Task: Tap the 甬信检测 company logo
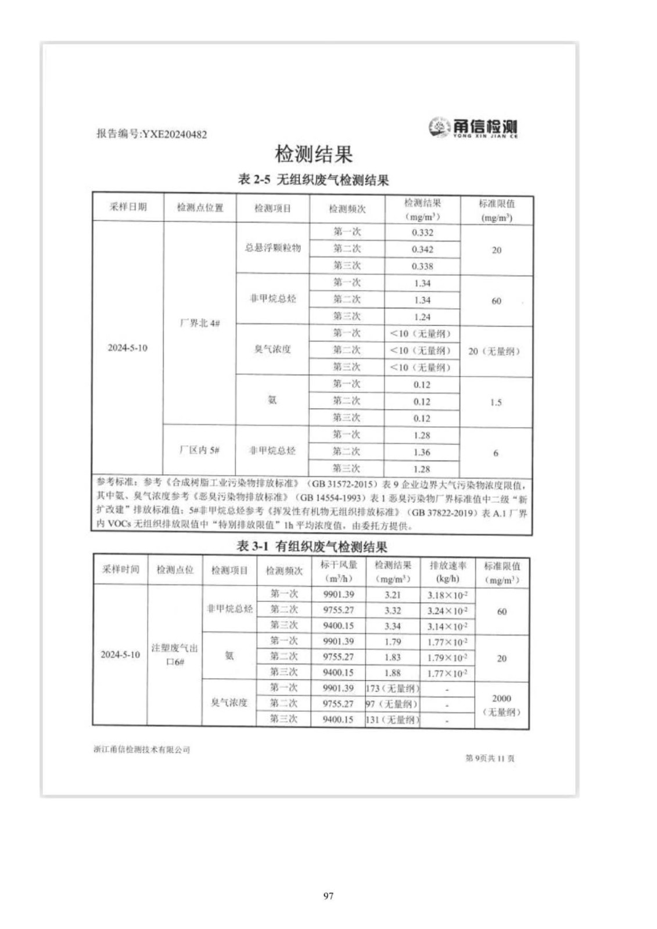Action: coord(472,127)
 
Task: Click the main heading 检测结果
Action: coord(314,154)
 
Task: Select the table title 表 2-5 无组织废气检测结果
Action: coord(313,180)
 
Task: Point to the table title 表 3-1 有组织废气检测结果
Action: coord(312,546)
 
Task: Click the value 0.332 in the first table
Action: coord(422,233)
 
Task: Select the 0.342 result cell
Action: coord(422,250)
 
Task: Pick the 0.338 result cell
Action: coord(422,267)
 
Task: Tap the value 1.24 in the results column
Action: coord(422,317)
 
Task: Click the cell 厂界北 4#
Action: coord(200,323)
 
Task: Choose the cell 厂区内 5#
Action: coord(199,450)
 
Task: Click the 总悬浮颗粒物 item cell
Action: coord(272,249)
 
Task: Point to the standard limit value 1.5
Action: coord(496,402)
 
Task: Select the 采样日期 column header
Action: coord(128,207)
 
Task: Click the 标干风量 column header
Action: coord(339,571)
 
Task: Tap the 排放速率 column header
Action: coord(447,571)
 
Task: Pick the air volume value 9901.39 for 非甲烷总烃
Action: coord(339,595)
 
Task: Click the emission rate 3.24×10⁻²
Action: coord(447,611)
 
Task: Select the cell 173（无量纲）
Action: coord(393,689)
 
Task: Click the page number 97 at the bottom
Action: coord(328,896)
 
